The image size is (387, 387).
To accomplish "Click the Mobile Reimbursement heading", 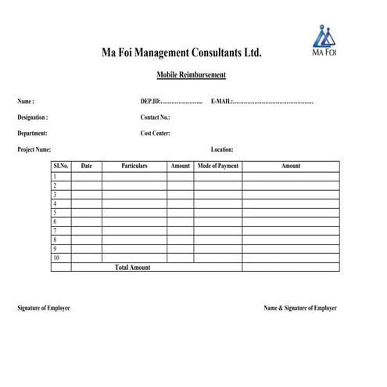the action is coord(192,74).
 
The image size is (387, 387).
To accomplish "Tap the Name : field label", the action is coord(26,102).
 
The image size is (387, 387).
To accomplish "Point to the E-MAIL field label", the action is coord(221,102).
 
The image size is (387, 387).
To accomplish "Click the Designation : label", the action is coord(33,117).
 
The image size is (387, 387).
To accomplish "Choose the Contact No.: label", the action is coord(155,117).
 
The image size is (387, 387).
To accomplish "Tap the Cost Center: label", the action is coord(155,133).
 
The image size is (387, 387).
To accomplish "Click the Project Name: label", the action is coord(34,149).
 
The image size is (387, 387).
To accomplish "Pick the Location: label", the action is coord(222,149).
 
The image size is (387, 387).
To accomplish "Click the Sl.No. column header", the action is coord(61,166).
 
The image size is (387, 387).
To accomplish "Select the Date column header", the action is coord(87,166).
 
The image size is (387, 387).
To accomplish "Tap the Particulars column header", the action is coord(134,166).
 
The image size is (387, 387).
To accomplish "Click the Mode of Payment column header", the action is coord(218,166).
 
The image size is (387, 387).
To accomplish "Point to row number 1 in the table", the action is coord(55,177).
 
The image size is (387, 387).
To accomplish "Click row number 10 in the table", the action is coord(56,257).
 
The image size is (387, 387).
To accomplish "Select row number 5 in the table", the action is coord(55,212).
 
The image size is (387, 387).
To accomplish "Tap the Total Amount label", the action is coord(133,267).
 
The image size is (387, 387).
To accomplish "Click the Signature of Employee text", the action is coord(44,308).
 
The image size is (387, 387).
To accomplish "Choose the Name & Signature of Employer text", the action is coord(300,308).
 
